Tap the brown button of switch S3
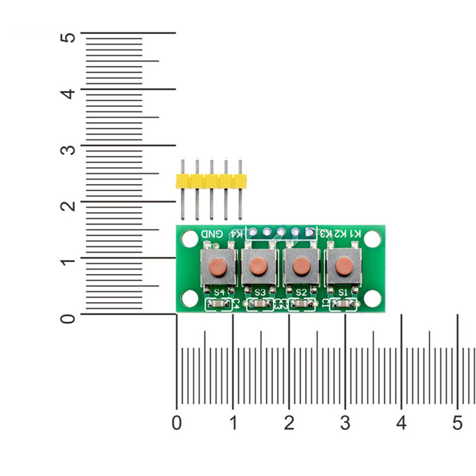[258, 267]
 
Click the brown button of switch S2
[301, 267]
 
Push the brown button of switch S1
[344, 267]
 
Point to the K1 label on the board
[356, 233]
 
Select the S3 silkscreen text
[260, 292]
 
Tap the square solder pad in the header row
[310, 232]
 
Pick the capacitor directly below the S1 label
[343, 304]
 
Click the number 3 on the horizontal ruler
[345, 422]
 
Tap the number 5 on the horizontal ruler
[457, 422]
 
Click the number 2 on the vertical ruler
[69, 206]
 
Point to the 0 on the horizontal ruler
[177, 422]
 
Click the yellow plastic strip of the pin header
[211, 181]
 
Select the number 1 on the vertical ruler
[69, 262]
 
